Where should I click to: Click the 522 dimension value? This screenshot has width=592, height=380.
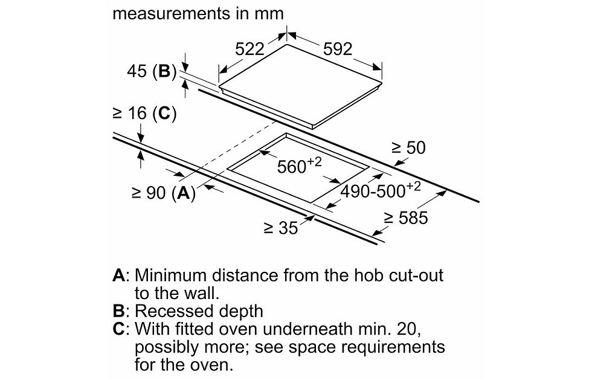(x=249, y=49)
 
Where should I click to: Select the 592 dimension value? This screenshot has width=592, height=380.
(x=338, y=49)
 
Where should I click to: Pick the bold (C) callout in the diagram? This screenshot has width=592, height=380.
(x=164, y=114)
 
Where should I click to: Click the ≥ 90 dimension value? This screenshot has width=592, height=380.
(x=149, y=193)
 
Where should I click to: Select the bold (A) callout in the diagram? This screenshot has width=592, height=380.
(x=184, y=193)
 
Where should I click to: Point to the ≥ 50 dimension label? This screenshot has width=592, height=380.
(x=408, y=147)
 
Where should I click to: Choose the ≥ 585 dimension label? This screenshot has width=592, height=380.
(x=406, y=218)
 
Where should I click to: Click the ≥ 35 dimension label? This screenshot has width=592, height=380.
(x=281, y=227)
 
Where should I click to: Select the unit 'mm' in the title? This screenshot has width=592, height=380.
(x=269, y=14)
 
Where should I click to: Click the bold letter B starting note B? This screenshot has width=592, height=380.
(x=118, y=311)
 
